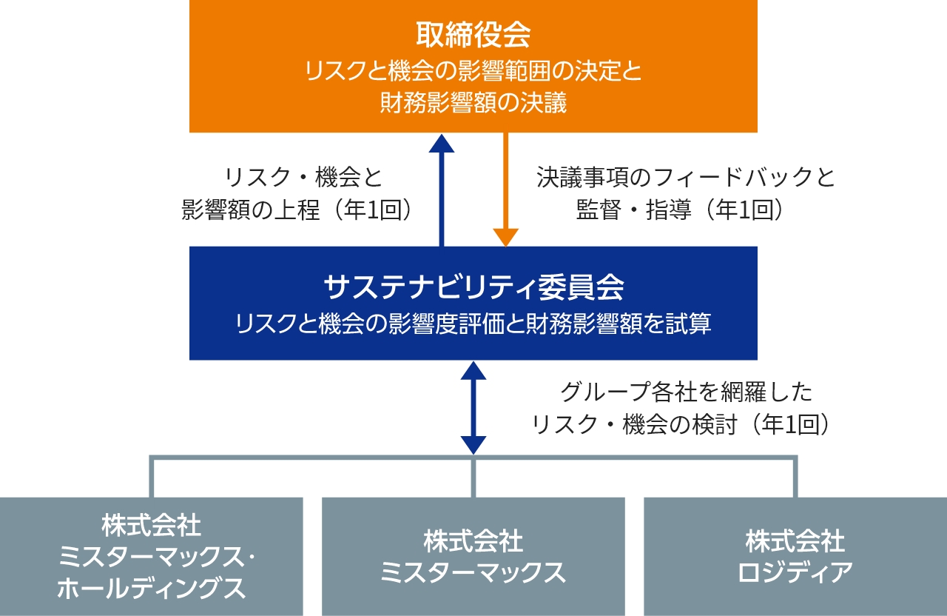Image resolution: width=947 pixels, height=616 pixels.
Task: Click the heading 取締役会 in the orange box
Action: pyautogui.click(x=473, y=34)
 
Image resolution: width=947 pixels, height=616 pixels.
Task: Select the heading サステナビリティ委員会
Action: pyautogui.click(x=473, y=285)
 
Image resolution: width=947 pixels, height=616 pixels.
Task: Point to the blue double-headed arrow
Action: pyautogui.click(x=473, y=406)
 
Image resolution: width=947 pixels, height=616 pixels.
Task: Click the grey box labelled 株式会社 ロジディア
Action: pyautogui.click(x=795, y=556)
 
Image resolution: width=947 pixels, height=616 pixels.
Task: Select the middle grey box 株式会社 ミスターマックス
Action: pyautogui.click(x=473, y=556)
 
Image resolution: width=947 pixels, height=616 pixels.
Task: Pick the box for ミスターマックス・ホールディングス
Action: pyautogui.click(x=151, y=556)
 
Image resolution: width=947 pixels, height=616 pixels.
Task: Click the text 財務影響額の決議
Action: pyautogui.click(x=473, y=102)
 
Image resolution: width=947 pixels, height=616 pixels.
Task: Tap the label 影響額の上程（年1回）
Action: pyautogui.click(x=296, y=210)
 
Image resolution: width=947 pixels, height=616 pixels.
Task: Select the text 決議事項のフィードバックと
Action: pyautogui.click(x=685, y=178)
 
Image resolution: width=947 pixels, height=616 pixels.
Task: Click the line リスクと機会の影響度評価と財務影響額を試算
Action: pyautogui.click(x=473, y=324)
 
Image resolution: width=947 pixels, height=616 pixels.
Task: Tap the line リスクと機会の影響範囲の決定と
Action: pyautogui.click(x=473, y=72)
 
